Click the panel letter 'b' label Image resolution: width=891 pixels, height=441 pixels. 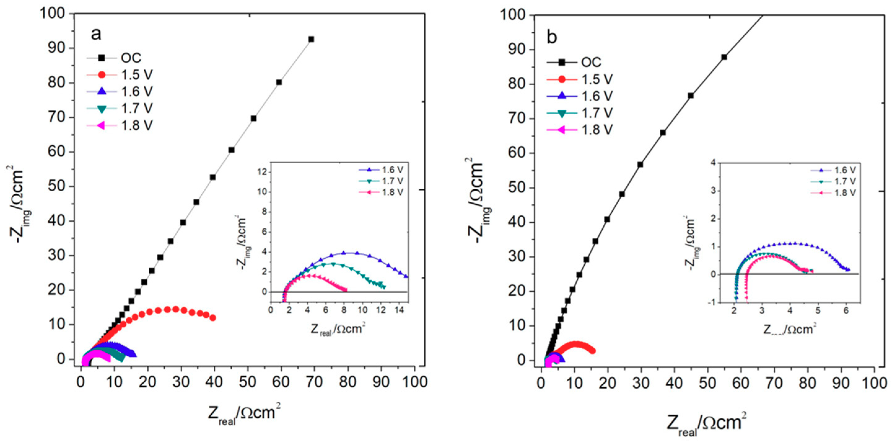552,37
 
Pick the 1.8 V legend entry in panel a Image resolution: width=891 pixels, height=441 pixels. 137,126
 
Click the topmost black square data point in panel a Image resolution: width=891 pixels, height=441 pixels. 311,39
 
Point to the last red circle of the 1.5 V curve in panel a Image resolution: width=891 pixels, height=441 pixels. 213,318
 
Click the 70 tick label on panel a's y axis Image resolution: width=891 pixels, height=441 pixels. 56,117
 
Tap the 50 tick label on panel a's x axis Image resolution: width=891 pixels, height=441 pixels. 248,382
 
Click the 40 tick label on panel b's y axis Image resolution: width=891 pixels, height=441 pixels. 517,222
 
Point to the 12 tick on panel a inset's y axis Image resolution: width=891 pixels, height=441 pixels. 263,172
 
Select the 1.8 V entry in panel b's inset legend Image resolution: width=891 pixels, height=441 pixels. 845,192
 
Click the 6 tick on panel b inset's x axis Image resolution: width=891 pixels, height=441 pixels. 845,311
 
